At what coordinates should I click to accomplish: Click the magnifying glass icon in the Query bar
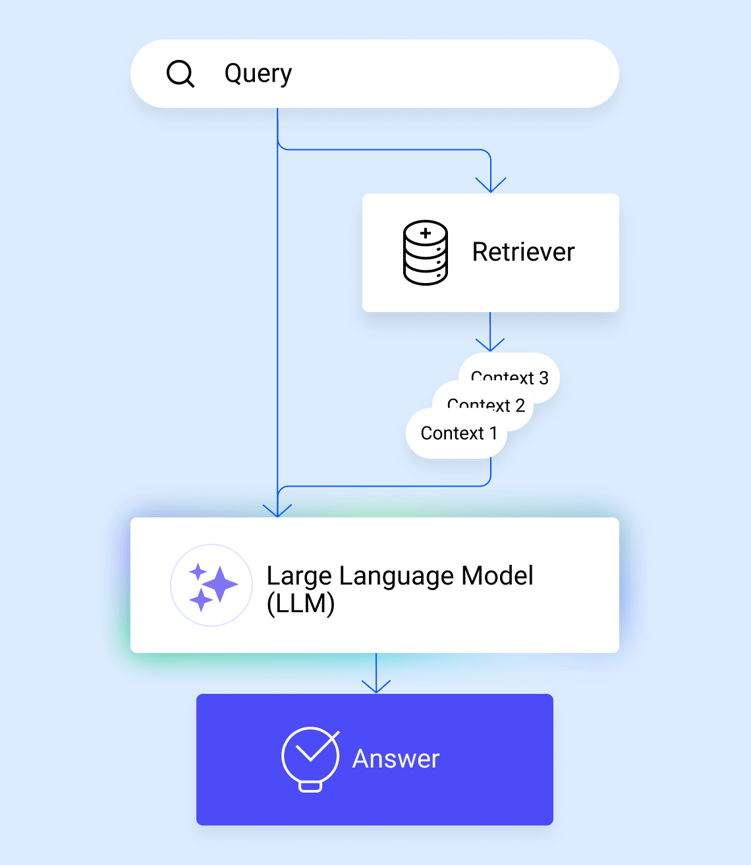click(180, 74)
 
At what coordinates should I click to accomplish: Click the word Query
click(258, 74)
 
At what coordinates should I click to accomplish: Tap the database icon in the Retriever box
click(425, 253)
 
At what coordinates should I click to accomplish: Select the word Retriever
click(523, 252)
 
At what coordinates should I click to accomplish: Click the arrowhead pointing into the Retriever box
click(491, 186)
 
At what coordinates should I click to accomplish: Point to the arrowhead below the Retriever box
click(490, 345)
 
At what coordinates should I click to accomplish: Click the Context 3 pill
click(527, 373)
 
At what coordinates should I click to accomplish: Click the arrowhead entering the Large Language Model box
click(277, 510)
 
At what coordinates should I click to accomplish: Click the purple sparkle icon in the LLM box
click(211, 585)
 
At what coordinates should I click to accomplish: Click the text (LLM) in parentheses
click(300, 603)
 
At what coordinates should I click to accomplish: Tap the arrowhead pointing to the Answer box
click(376, 687)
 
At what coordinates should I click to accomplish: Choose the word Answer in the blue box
click(395, 759)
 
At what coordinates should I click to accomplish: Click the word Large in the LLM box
click(299, 576)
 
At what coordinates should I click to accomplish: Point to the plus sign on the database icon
click(426, 233)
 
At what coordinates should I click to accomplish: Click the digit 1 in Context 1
click(493, 433)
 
